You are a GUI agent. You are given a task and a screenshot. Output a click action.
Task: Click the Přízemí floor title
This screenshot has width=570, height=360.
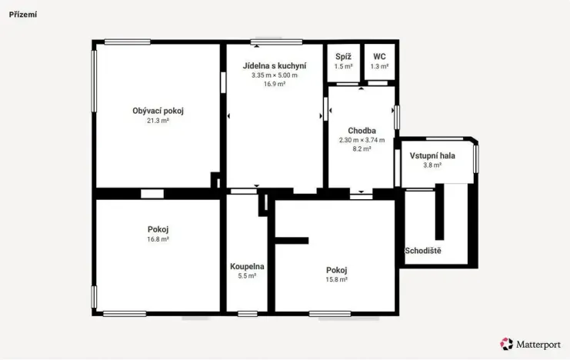pos(23,15)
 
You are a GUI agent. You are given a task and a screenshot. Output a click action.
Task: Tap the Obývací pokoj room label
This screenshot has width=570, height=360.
pos(158,112)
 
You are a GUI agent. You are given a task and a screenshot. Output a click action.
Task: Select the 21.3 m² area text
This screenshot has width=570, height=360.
pos(158,121)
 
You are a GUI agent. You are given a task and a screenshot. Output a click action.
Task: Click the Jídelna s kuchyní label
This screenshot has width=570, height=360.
pos(275,66)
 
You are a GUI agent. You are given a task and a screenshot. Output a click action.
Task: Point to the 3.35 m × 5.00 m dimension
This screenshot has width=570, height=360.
pos(275,75)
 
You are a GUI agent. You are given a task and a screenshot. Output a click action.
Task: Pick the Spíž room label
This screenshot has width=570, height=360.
pos(343,57)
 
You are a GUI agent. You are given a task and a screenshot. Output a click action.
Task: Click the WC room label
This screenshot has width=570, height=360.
pos(379,57)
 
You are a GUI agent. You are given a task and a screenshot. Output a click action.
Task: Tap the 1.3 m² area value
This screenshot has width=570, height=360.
pos(379,67)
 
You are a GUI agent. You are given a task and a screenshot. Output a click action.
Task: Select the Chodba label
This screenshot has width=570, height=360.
pos(362,131)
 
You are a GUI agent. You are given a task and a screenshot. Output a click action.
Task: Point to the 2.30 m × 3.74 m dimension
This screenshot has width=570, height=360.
pos(362,140)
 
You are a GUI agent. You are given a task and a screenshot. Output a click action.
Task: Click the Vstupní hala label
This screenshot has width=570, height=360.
pos(432,156)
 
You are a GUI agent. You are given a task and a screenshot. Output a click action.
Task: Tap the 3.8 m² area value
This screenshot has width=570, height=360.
pos(432,165)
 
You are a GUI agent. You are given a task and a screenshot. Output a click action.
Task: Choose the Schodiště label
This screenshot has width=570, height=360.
pos(423,251)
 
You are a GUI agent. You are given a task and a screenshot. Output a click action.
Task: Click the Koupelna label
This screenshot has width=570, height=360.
pos(247,267)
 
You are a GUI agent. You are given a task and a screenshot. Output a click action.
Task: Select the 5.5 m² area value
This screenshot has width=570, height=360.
pos(247,276)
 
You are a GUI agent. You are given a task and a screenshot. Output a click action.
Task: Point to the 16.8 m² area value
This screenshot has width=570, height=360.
pos(158,239)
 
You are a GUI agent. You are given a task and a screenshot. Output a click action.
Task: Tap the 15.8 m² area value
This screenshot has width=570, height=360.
pos(336,280)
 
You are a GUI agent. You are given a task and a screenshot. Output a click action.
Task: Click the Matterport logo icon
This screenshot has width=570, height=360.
pos(506,344)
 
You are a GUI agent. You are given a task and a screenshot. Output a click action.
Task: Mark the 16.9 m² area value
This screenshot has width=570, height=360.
pos(275,84)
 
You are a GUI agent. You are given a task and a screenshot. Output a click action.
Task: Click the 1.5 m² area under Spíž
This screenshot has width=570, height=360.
pos(343,67)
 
